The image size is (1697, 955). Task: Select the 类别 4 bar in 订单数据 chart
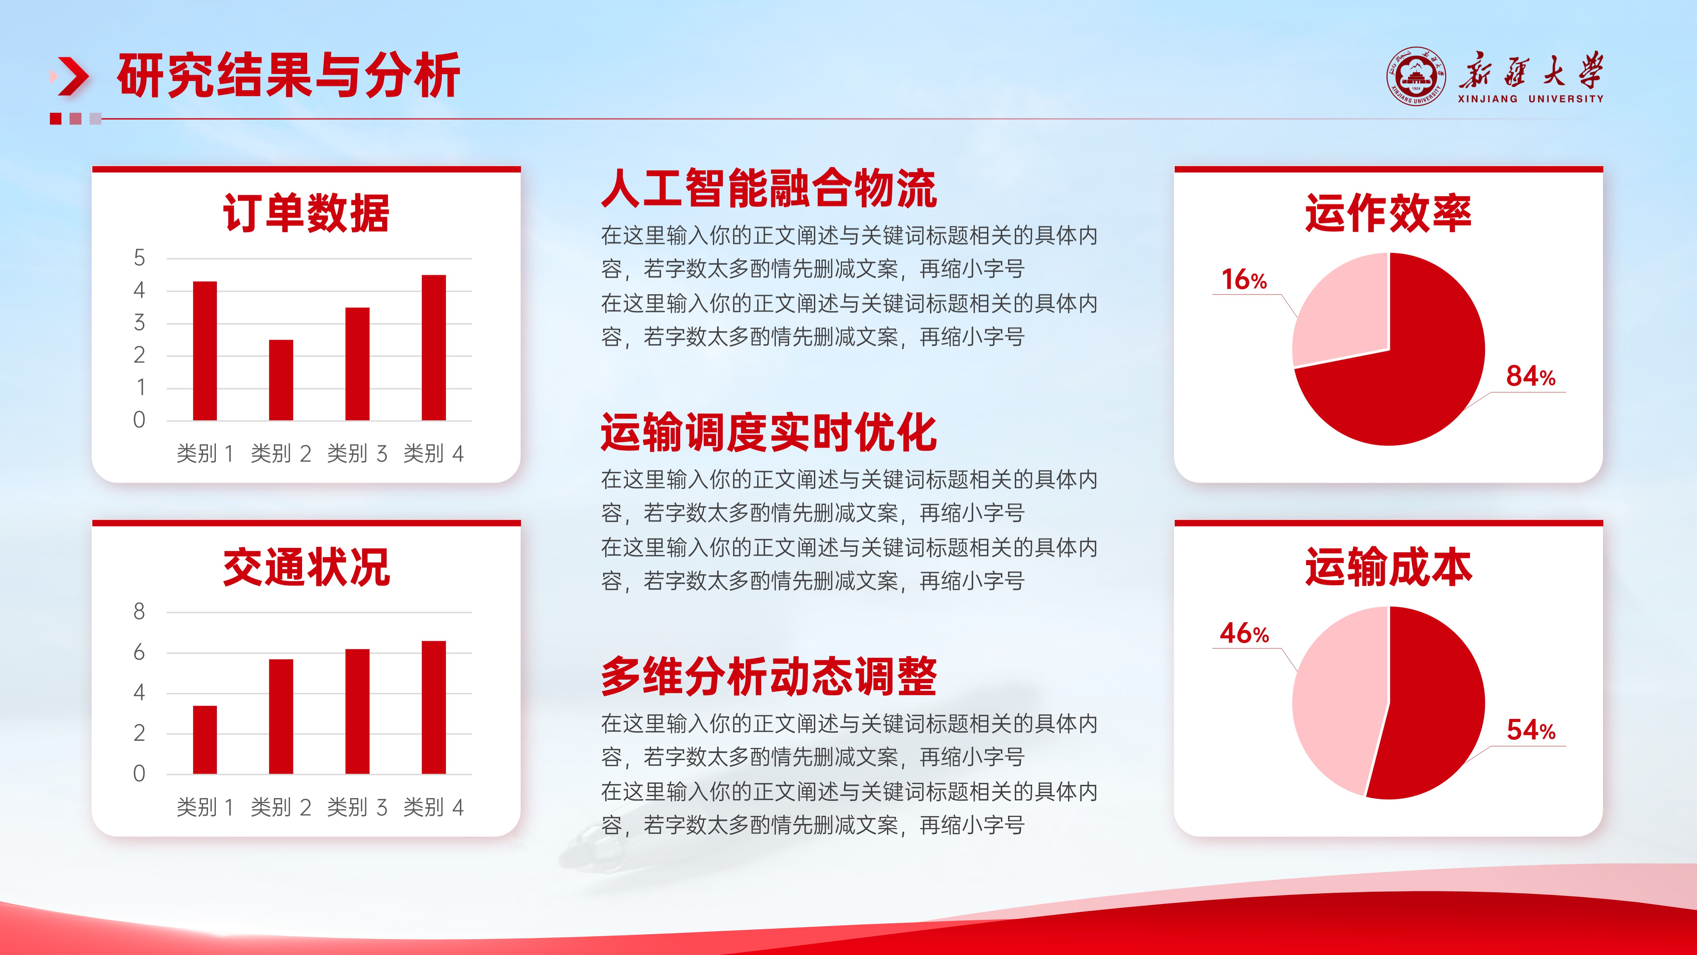click(433, 347)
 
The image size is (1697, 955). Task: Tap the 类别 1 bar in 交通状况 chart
click(205, 739)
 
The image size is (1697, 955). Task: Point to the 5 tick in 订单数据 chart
click(139, 258)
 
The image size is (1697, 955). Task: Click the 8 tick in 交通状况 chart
click(139, 612)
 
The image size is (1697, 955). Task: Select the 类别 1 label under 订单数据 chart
click(205, 453)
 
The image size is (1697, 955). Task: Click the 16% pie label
click(1244, 280)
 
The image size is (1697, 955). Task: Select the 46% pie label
click(1244, 633)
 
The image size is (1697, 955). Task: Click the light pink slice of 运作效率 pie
click(1344, 310)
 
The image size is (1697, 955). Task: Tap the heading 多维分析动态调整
click(768, 676)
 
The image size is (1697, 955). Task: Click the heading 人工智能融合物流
click(768, 188)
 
